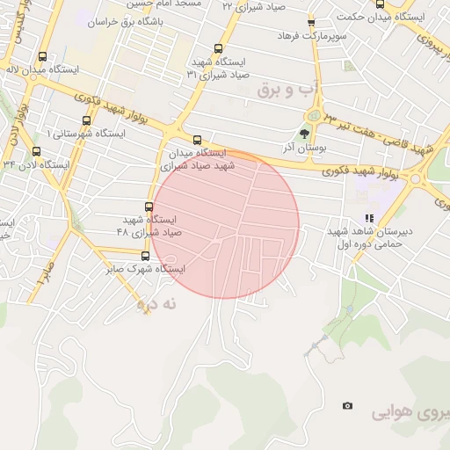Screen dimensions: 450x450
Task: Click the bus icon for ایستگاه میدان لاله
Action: [x=43, y=56]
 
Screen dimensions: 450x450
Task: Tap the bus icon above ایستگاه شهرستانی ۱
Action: [x=85, y=121]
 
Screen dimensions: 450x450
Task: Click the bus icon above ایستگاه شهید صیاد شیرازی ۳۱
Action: [x=219, y=49]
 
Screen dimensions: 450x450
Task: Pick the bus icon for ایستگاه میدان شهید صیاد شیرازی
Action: [x=197, y=140]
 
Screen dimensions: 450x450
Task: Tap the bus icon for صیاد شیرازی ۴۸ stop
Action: [x=148, y=207]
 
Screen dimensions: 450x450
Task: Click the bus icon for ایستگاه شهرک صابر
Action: [x=145, y=257]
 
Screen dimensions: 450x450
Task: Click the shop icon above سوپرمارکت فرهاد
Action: [x=310, y=23]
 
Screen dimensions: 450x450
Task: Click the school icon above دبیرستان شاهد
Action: [x=370, y=218]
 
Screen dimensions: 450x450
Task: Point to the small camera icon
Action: [x=348, y=405]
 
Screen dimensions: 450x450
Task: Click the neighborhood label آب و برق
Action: [x=284, y=90]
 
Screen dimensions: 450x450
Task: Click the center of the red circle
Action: [x=227, y=225]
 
